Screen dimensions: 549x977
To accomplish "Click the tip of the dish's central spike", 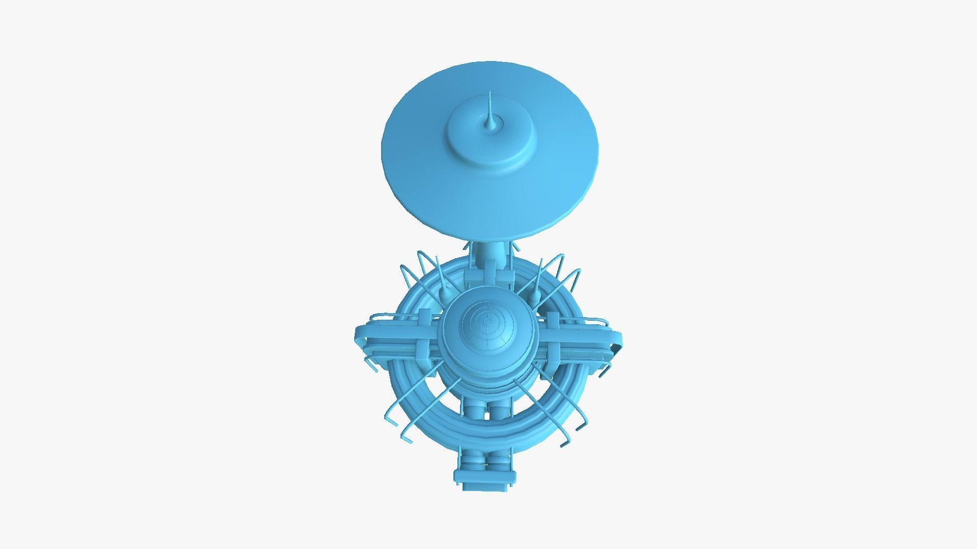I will coord(490,93).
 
